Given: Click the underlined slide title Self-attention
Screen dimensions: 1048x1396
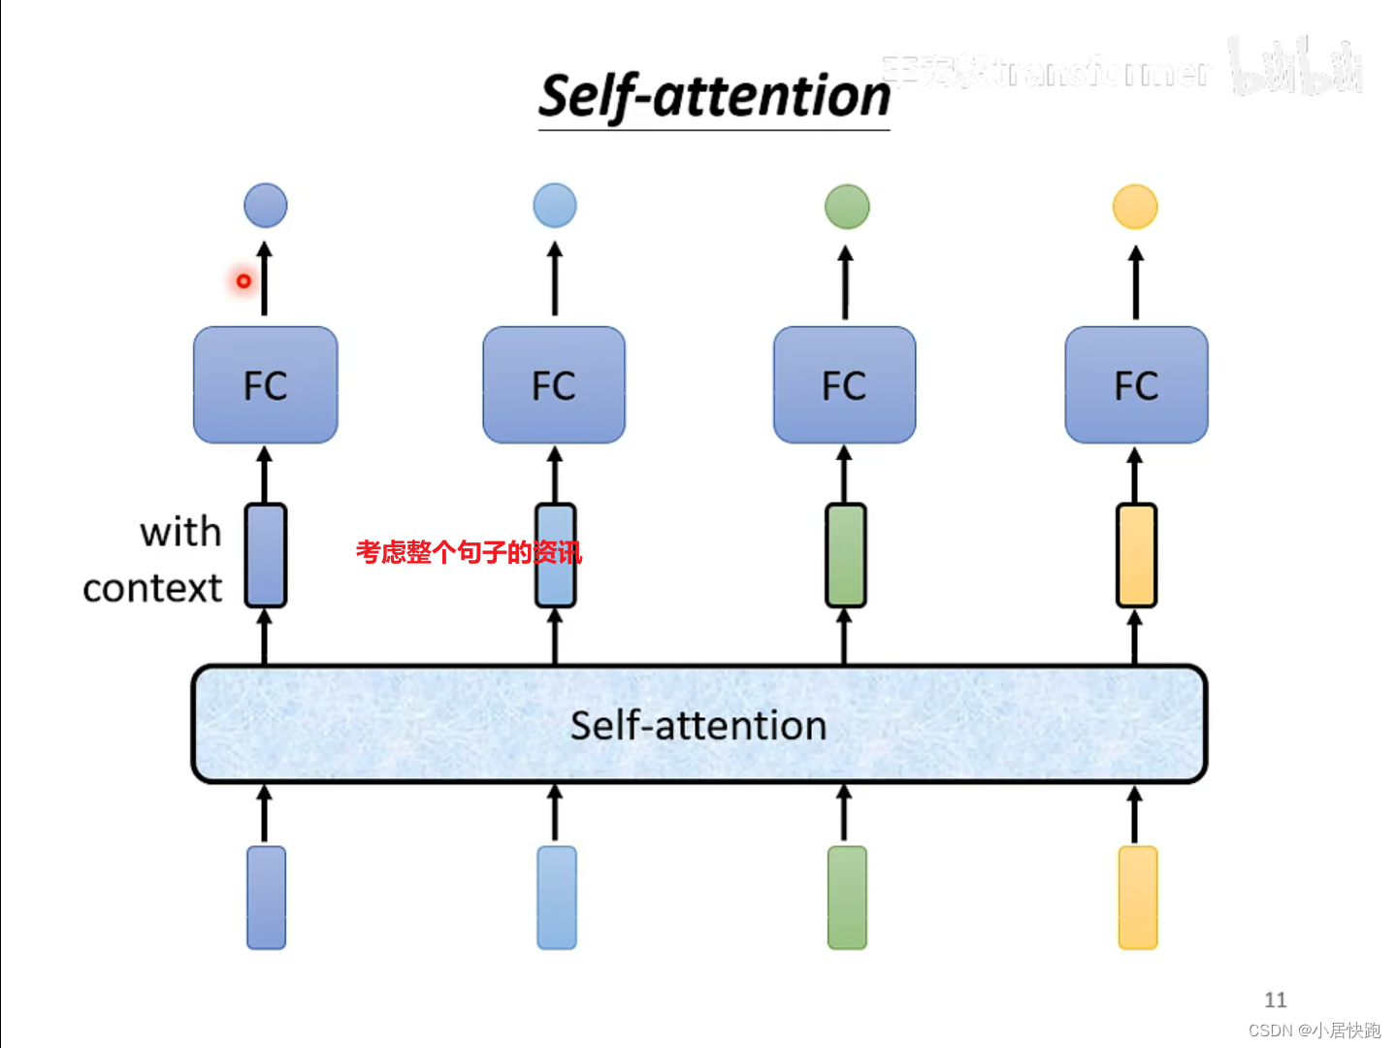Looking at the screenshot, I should coord(714,97).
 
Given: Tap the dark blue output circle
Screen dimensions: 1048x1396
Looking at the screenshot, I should coord(265,206).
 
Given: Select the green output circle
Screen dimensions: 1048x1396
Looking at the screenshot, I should coord(846,207).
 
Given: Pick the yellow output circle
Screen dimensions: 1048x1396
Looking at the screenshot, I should coord(1134,207).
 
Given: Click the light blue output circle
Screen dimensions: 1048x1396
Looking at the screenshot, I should coord(554,206).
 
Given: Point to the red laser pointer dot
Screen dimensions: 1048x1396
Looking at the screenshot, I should coord(243,281).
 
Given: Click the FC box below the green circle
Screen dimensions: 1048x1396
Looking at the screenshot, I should coord(844,385).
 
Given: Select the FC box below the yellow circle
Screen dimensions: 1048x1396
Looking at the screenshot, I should coord(1136,385).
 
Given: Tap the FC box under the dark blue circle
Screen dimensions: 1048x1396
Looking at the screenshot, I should coord(265,385).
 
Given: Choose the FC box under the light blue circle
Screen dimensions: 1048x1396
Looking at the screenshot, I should coord(554,385).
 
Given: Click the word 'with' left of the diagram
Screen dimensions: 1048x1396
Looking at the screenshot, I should coord(180,532).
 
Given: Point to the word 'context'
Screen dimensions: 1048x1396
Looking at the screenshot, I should coord(152,588).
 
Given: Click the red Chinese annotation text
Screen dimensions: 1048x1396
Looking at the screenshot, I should coord(468,552).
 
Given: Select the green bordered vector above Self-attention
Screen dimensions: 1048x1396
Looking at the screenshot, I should coord(845,555).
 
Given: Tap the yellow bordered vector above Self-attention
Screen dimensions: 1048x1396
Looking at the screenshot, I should coord(1136,555).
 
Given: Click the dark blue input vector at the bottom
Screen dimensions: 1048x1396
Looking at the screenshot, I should coord(266,898).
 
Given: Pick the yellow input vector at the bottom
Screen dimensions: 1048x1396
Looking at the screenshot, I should coord(1137,898).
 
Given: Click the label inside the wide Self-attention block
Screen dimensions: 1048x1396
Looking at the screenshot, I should coord(698,725).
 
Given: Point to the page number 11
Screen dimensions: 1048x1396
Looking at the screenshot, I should coord(1275,999).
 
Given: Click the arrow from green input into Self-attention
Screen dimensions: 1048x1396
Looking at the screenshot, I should coord(844,813).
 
